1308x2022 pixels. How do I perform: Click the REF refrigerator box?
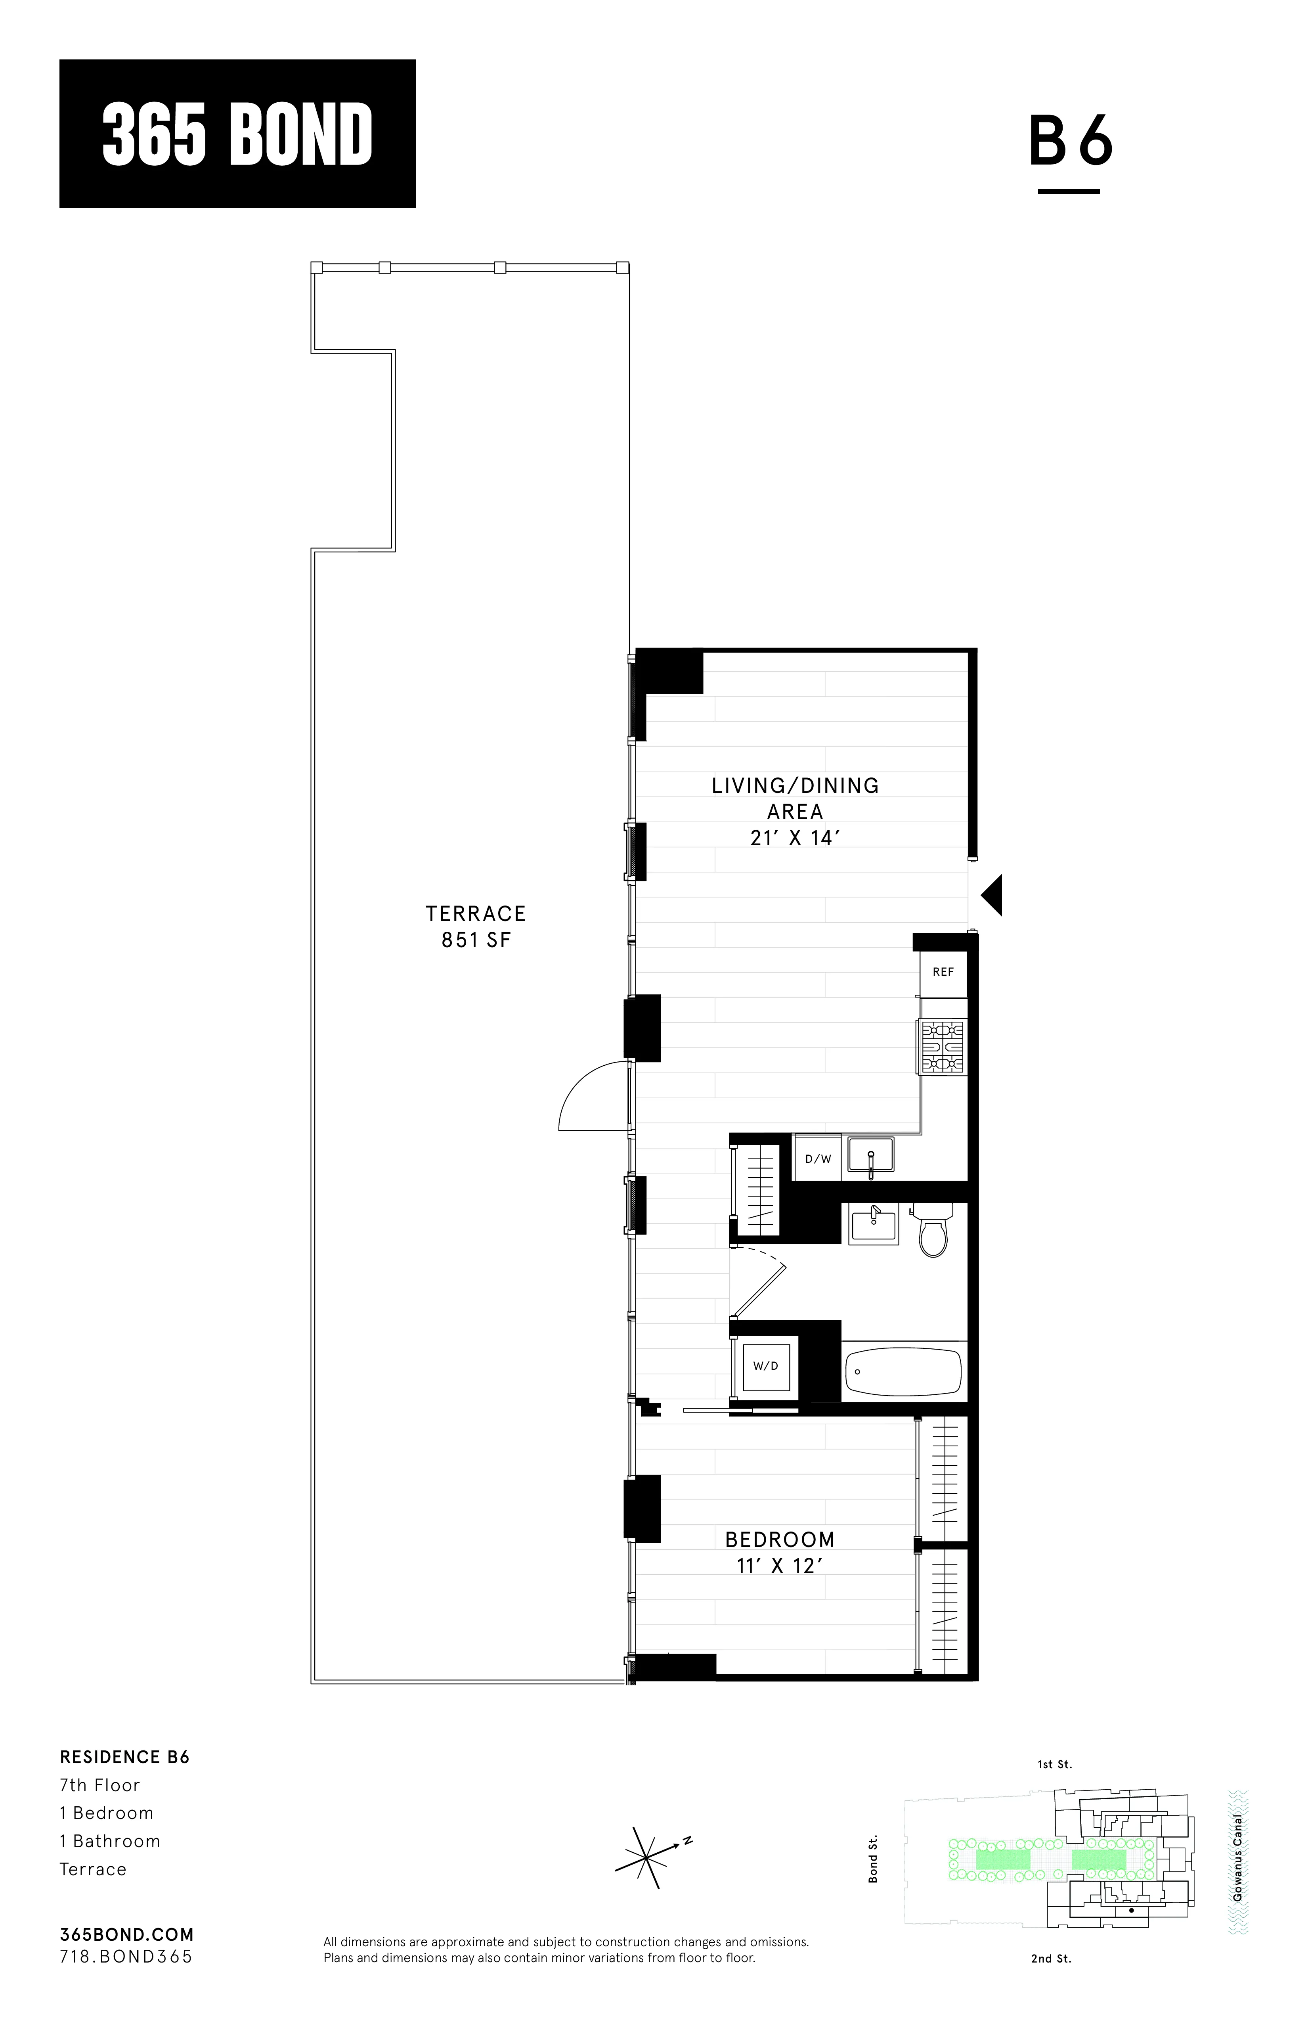(943, 972)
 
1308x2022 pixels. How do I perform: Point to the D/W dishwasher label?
(818, 1159)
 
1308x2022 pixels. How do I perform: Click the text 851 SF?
(476, 940)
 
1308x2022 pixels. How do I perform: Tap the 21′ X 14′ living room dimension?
(795, 839)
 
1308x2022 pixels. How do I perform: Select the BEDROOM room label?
(780, 1539)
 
